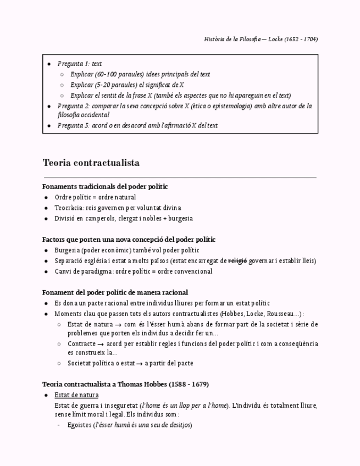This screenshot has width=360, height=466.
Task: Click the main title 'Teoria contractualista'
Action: [91, 163]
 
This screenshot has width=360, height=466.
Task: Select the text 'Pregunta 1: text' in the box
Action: [80, 64]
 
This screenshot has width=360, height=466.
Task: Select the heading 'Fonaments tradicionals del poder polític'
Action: [105, 186]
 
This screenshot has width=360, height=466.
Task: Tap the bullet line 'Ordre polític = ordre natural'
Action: [95, 197]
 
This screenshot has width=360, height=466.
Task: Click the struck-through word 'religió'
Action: [237, 260]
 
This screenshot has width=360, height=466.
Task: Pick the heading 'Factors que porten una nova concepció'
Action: [129, 240]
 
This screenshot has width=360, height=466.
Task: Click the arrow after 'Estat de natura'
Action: [118, 324]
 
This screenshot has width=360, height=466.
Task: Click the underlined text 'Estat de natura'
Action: [76, 395]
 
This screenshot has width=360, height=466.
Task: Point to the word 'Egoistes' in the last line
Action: [79, 425]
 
